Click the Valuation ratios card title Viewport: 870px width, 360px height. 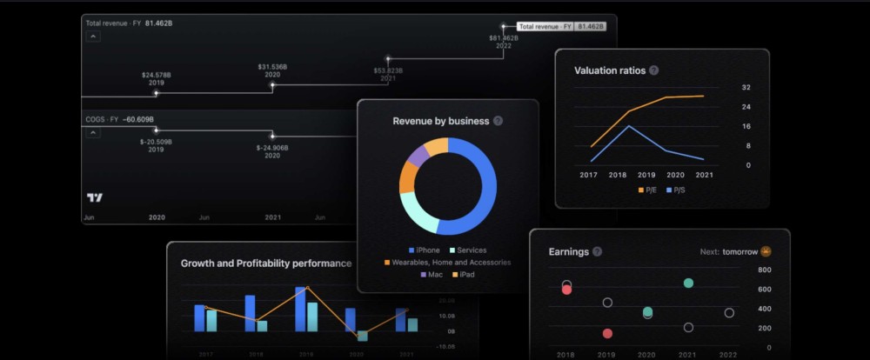(x=610, y=70)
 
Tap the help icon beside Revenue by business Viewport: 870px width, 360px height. (x=498, y=121)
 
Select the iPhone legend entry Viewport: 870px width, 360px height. (x=424, y=250)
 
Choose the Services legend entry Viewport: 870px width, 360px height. (x=468, y=250)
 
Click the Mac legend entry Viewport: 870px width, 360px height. (x=432, y=275)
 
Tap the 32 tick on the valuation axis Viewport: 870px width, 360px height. (x=746, y=88)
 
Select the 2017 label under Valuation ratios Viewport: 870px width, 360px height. (x=588, y=175)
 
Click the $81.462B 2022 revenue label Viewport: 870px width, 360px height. (x=504, y=42)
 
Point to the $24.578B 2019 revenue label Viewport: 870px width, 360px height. (x=157, y=79)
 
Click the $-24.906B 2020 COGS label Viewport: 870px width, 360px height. (x=272, y=151)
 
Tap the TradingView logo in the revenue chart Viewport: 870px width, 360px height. (x=95, y=197)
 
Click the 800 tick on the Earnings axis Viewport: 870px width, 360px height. (x=765, y=270)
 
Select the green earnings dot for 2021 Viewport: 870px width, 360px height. (x=688, y=283)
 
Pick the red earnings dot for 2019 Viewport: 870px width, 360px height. (x=607, y=333)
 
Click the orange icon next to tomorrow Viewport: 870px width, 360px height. (x=766, y=252)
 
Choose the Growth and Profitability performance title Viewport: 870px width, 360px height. (x=266, y=263)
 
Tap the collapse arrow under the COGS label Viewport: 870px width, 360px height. (x=91, y=132)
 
